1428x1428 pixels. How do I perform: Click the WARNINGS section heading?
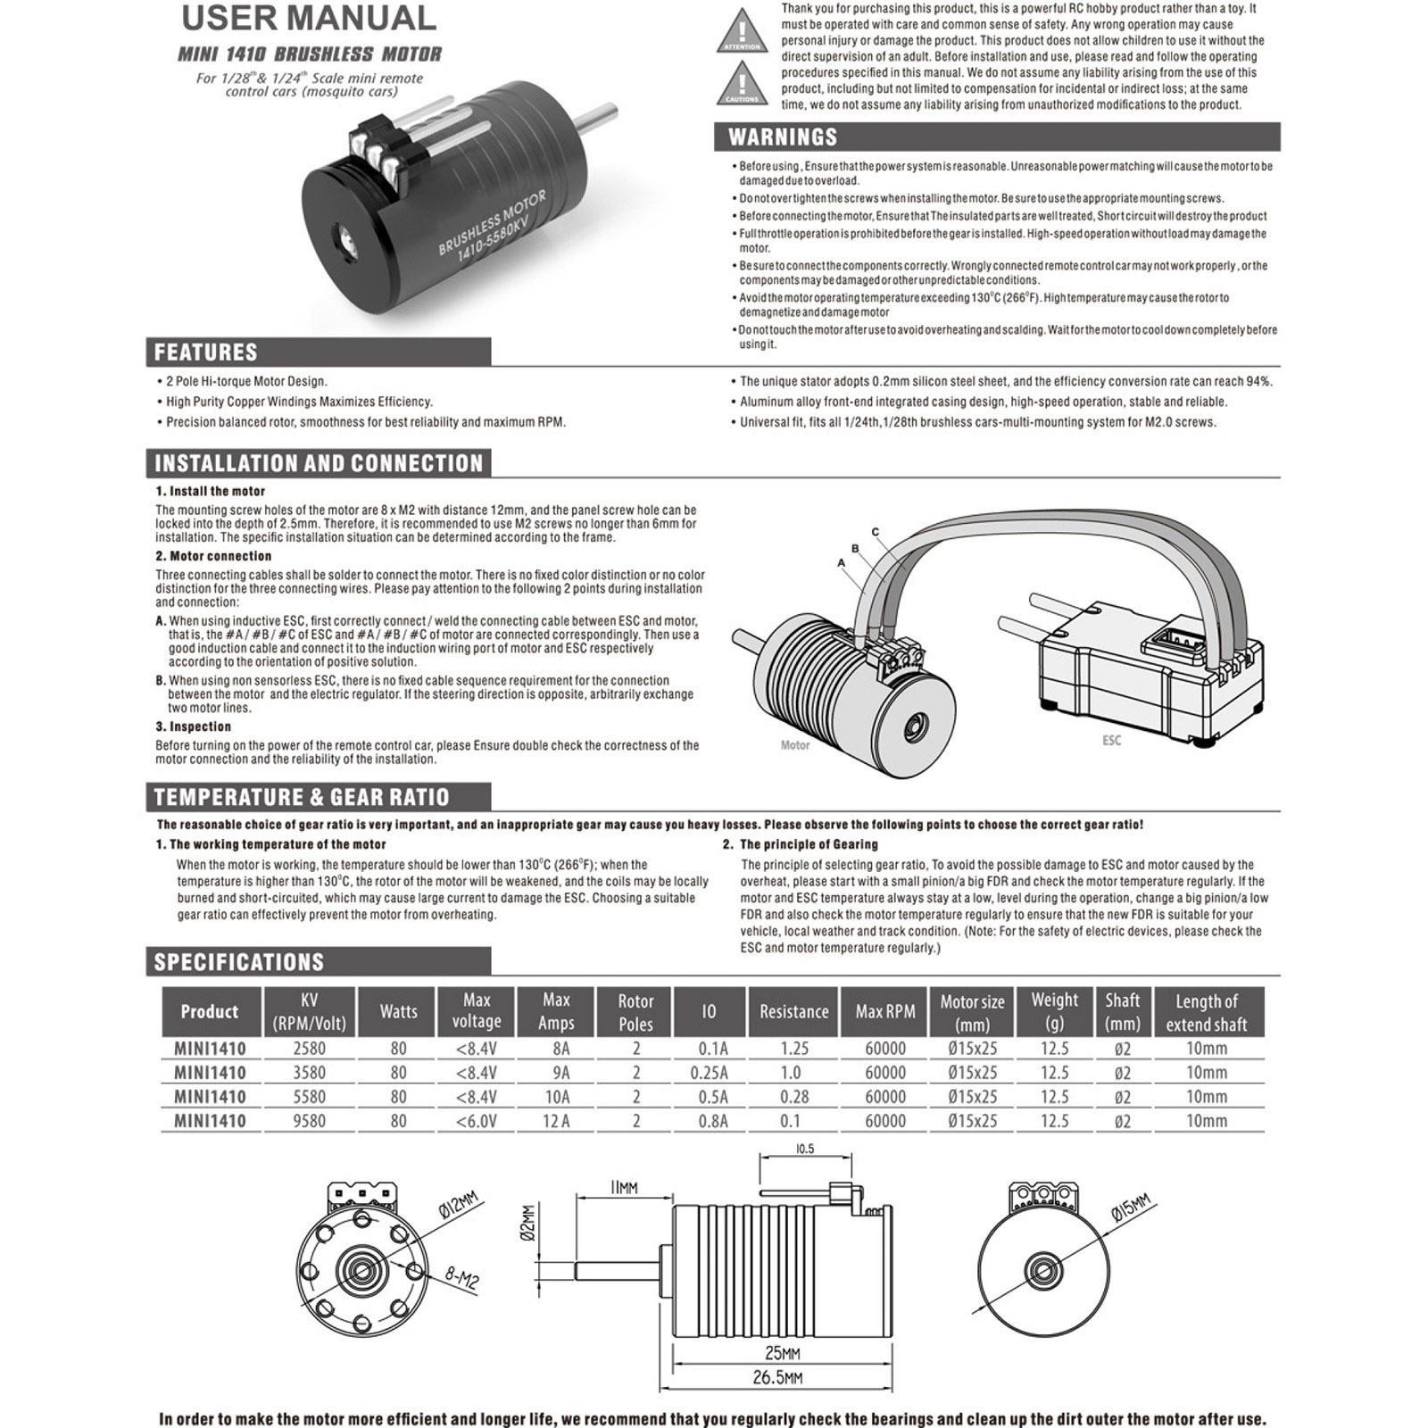[x=783, y=137]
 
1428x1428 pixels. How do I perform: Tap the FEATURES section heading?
[x=205, y=353]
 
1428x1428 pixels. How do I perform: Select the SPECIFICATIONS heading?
[x=238, y=962]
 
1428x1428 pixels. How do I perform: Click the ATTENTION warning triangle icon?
[x=741, y=31]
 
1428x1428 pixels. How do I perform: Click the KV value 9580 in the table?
[x=309, y=1121]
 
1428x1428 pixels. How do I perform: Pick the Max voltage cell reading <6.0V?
[x=476, y=1121]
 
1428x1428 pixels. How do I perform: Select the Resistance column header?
[x=793, y=1011]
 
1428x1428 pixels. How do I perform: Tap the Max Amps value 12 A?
[x=556, y=1121]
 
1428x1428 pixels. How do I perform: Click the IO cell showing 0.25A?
[x=710, y=1073]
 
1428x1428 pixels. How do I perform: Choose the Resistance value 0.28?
[x=793, y=1097]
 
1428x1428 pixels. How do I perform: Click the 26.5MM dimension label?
[x=776, y=1377]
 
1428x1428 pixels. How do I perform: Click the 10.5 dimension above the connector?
[x=804, y=1150]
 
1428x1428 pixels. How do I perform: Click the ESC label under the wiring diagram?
[x=1111, y=741]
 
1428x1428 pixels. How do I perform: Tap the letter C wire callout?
[x=876, y=532]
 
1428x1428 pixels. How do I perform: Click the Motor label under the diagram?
[x=794, y=745]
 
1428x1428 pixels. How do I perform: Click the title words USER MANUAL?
[x=308, y=18]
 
